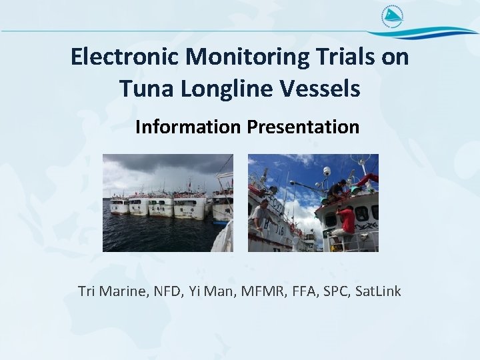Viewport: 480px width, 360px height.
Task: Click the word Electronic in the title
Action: (125, 57)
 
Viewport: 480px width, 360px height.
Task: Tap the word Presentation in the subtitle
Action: (303, 127)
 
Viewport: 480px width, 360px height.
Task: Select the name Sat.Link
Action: (379, 291)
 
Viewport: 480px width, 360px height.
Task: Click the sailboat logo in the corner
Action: (392, 16)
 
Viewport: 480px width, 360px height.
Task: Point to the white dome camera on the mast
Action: (326, 172)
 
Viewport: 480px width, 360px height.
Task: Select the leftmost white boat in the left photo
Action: (119, 205)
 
